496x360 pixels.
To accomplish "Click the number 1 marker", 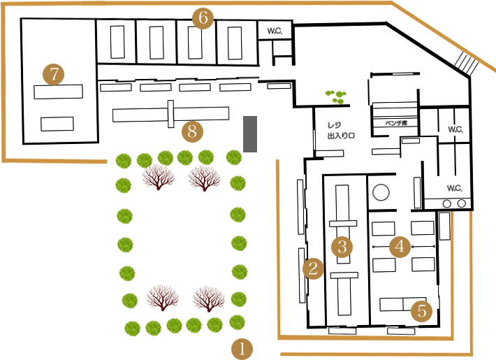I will pyautogui.click(x=242, y=348).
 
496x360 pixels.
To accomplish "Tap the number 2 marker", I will pyautogui.click(x=313, y=268).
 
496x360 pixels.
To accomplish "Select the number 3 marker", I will pyautogui.click(x=342, y=246).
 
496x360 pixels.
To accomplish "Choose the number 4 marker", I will pyautogui.click(x=400, y=246).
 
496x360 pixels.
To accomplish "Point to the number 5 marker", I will pyautogui.click(x=421, y=310).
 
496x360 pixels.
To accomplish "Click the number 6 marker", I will pyautogui.click(x=203, y=18).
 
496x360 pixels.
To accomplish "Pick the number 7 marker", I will pyautogui.click(x=54, y=73).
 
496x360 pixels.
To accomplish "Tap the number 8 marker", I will pyautogui.click(x=192, y=131).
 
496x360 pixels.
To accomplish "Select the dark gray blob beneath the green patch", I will pyautogui.click(x=342, y=129).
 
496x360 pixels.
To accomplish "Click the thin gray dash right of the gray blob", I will pyautogui.click(x=396, y=123).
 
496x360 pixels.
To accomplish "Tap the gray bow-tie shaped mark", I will pyautogui.click(x=455, y=129).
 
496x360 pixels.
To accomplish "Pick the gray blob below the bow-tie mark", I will pyautogui.click(x=453, y=186).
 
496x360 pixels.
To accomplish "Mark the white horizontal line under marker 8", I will pyautogui.click(x=178, y=147).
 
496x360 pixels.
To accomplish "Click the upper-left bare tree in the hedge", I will pyautogui.click(x=159, y=183).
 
